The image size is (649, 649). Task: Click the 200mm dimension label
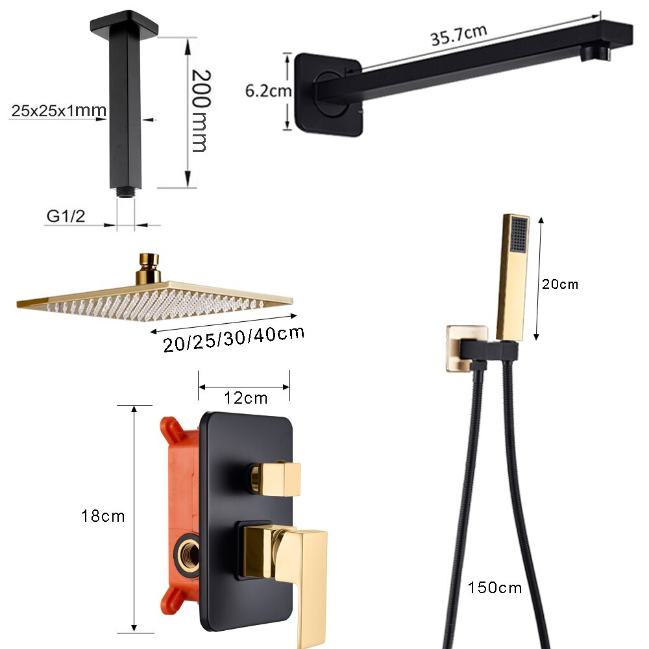(x=201, y=110)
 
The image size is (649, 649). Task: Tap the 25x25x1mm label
(x=59, y=110)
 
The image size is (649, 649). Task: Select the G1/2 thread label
(x=66, y=216)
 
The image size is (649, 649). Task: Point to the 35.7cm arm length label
(x=459, y=35)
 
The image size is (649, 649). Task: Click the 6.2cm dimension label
(x=268, y=91)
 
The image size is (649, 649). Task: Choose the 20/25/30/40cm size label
(x=234, y=339)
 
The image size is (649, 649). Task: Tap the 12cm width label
(x=246, y=398)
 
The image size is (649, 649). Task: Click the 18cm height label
(x=103, y=516)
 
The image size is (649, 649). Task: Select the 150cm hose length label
(x=495, y=588)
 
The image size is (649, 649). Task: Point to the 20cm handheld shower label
(x=560, y=284)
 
